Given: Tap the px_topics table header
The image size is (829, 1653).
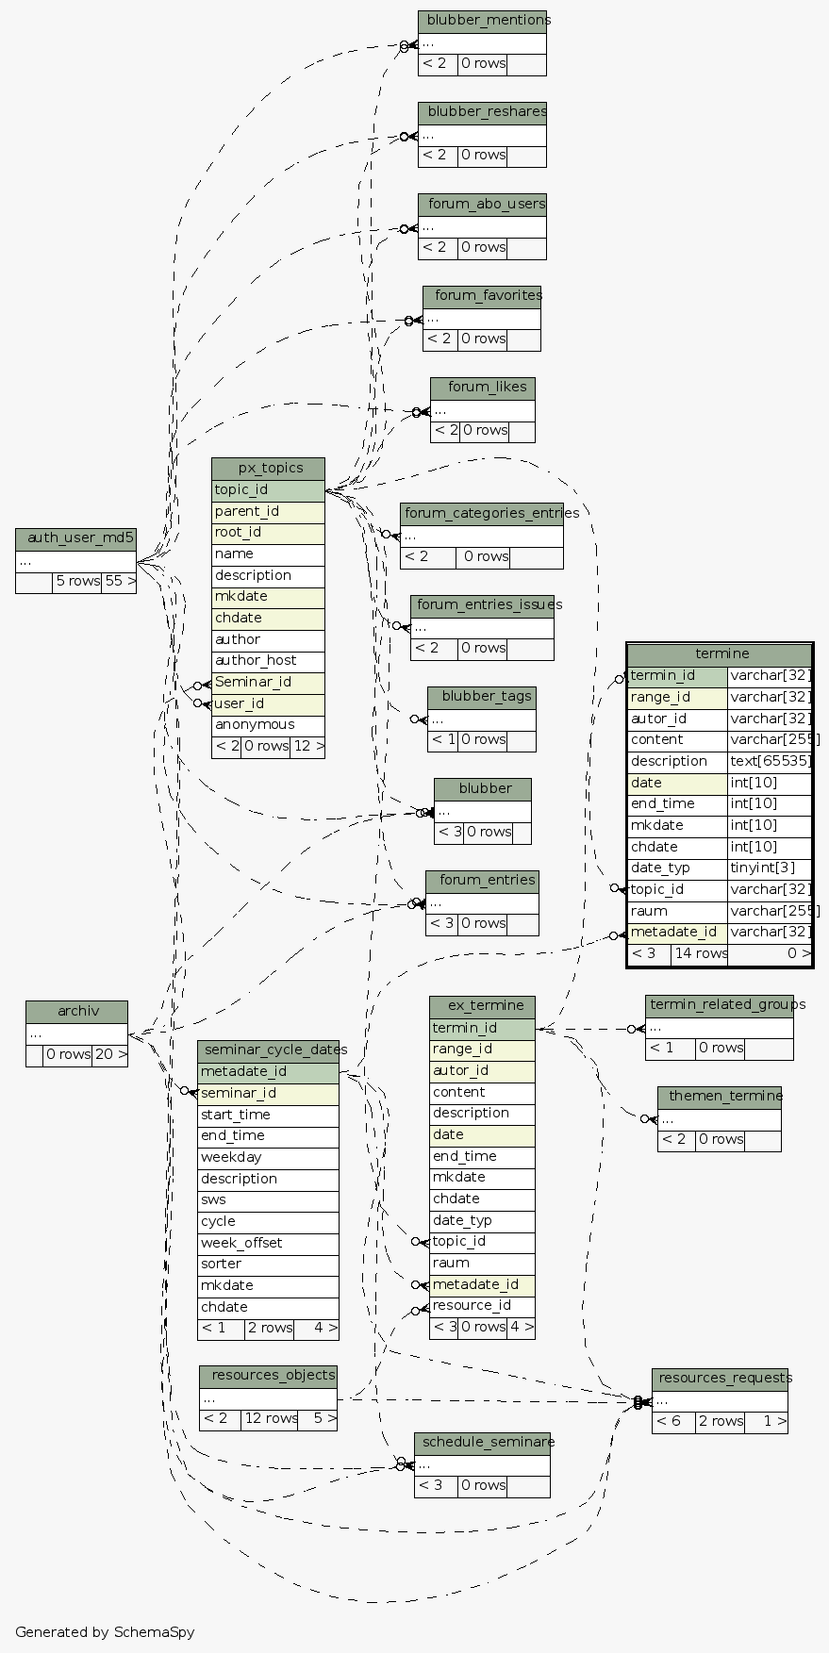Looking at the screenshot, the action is coord(268,470).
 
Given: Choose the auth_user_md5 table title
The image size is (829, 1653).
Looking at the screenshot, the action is coord(76,539).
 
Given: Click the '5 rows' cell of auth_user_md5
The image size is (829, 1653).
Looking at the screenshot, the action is coord(77,582).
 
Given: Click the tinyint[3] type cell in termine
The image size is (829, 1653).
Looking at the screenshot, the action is coord(770,868).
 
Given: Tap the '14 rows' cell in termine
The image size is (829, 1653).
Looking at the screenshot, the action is coord(700,954).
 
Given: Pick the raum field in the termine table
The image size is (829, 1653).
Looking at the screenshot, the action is coord(677,912).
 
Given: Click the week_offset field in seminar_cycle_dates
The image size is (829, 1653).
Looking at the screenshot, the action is coord(268,1244).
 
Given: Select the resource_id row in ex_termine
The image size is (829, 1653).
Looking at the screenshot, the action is coord(482,1307).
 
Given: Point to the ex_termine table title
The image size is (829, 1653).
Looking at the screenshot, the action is coord(482,1007).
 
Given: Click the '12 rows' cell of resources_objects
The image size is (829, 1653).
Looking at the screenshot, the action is coord(269,1419).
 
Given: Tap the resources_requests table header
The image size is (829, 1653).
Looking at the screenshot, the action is coord(720,1380).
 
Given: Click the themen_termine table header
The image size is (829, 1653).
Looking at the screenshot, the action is coord(720,1097).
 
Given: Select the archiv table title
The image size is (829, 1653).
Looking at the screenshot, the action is coord(76,1012).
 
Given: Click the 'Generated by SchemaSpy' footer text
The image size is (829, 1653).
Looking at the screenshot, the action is coord(105,1632).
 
